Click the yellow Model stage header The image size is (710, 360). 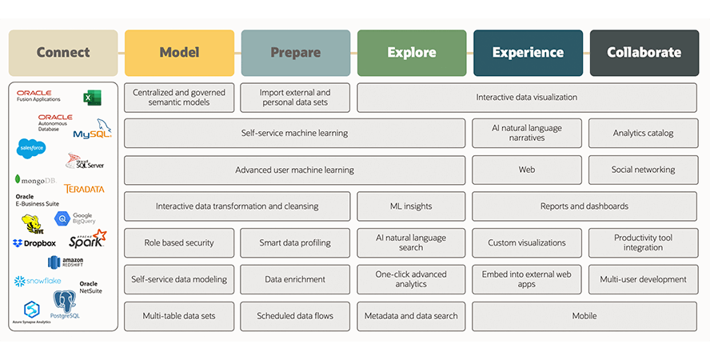point(179,53)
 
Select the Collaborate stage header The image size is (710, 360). point(644,53)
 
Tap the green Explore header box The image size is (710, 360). point(411,53)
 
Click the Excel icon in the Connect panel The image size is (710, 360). point(92,98)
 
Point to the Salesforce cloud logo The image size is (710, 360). point(32,148)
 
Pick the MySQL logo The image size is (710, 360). point(92,130)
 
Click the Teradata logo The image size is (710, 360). point(84,189)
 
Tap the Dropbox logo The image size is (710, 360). point(34,243)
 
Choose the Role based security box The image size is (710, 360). point(179,242)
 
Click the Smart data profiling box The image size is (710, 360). point(295,242)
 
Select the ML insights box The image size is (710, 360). point(411,206)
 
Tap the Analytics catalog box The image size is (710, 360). point(644,133)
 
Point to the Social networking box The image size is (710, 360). point(644,170)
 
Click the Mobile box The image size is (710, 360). point(584,316)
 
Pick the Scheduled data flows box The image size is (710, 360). point(295,316)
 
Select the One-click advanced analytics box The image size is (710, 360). point(411,279)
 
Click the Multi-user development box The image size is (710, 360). point(644,279)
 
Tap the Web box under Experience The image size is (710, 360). point(527,170)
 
